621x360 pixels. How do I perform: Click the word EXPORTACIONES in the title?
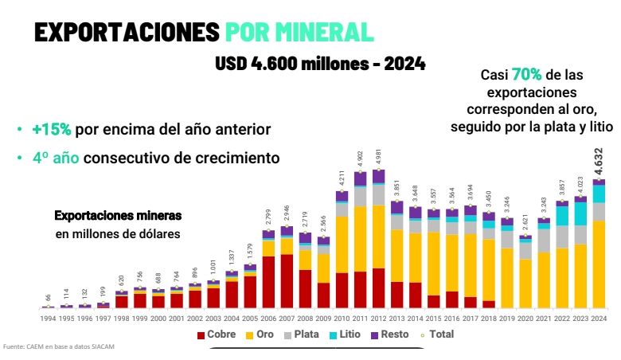coord(127,31)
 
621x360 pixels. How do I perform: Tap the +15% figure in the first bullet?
coord(52,130)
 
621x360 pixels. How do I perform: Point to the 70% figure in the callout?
coord(526,75)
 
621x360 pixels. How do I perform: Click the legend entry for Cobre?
coord(217,335)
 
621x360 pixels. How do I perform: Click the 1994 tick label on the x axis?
coord(48,318)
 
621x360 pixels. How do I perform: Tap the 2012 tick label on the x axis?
coord(379,318)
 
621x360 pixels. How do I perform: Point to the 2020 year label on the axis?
coord(525,318)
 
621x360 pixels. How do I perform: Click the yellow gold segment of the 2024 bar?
coord(599,263)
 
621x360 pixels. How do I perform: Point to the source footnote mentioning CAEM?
coord(54,346)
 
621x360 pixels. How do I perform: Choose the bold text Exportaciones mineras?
coord(118,216)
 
